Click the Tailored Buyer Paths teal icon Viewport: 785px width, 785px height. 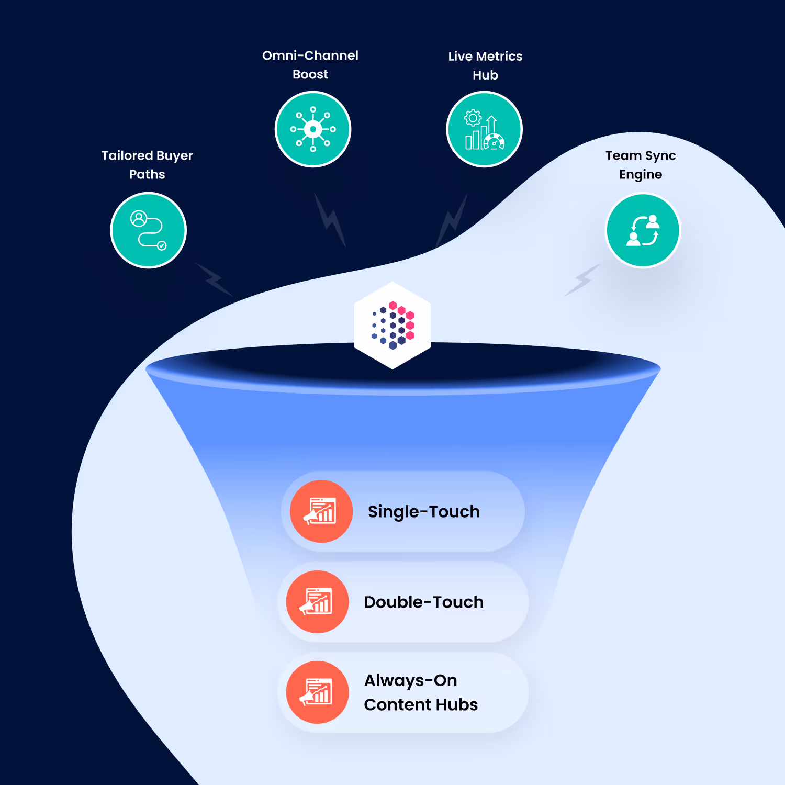(149, 230)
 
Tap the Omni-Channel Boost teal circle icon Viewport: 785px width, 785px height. (313, 129)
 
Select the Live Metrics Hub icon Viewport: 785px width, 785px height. (485, 129)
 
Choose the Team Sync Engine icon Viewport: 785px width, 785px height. (643, 230)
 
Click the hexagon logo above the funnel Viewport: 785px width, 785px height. (392, 326)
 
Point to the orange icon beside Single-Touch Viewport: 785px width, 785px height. (321, 511)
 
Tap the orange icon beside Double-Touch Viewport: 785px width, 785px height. (317, 602)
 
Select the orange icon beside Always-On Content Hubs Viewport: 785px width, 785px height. (317, 692)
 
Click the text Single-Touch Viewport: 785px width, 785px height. (424, 511)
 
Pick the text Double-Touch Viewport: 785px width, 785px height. (424, 602)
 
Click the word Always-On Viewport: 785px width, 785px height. (411, 680)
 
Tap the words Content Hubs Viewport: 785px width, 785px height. (421, 705)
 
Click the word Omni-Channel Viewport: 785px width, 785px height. (310, 55)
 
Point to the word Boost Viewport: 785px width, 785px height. (310, 74)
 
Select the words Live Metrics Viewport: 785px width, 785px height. (485, 56)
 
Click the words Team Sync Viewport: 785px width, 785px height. (641, 155)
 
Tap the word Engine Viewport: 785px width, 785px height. (641, 174)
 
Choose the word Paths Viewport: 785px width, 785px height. (147, 174)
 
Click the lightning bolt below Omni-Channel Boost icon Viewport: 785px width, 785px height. (330, 220)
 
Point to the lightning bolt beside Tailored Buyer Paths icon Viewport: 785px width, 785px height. (214, 279)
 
